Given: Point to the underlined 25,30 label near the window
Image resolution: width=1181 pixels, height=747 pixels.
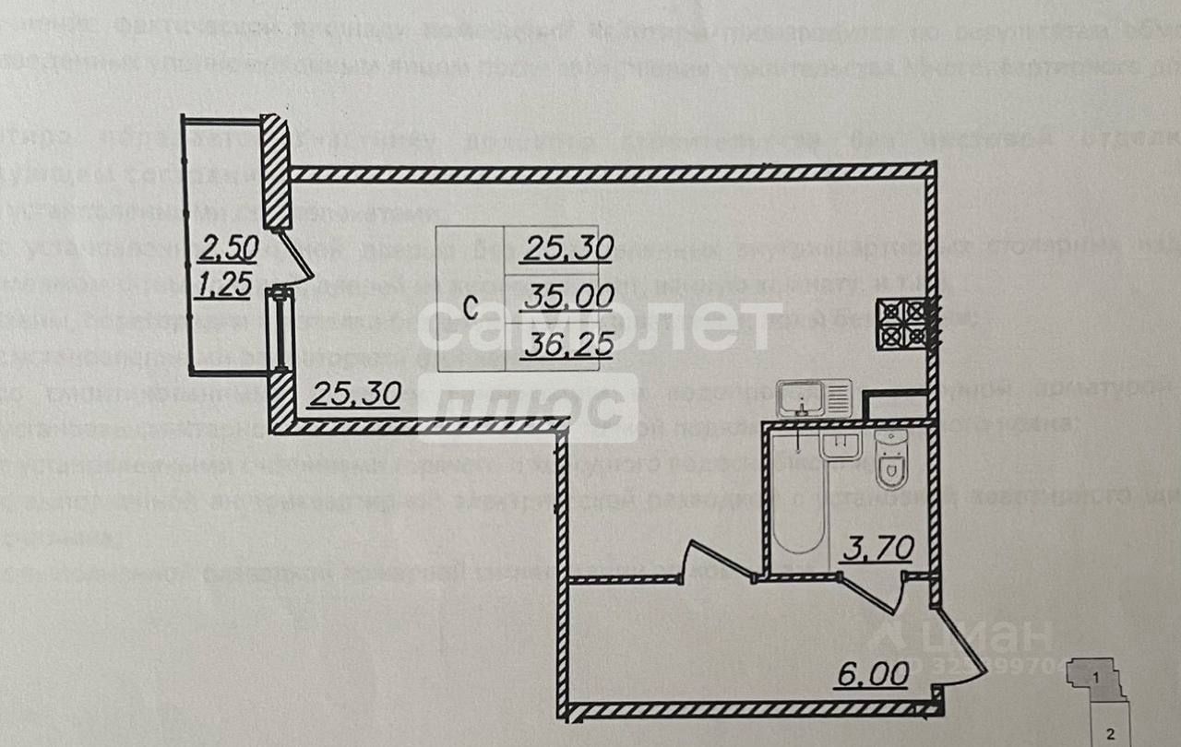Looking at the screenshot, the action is (x=354, y=395).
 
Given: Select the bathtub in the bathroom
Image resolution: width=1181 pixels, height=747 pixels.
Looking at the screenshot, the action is (x=799, y=498).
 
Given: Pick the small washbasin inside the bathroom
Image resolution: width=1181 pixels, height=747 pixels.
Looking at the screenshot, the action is (x=840, y=445).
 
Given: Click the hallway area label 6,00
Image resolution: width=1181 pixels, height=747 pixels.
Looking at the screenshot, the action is (x=872, y=674).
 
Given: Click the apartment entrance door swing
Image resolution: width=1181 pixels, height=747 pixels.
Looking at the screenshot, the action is (x=960, y=650).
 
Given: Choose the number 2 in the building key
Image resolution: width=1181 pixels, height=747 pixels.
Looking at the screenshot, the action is (x=1112, y=734).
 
